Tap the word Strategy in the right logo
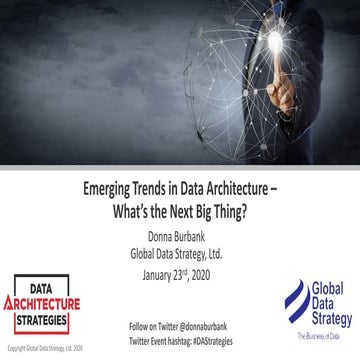coord(328,320)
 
